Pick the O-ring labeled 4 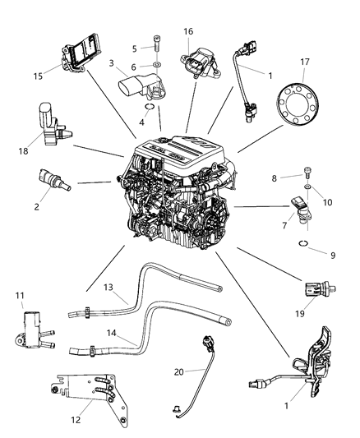[150, 104]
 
